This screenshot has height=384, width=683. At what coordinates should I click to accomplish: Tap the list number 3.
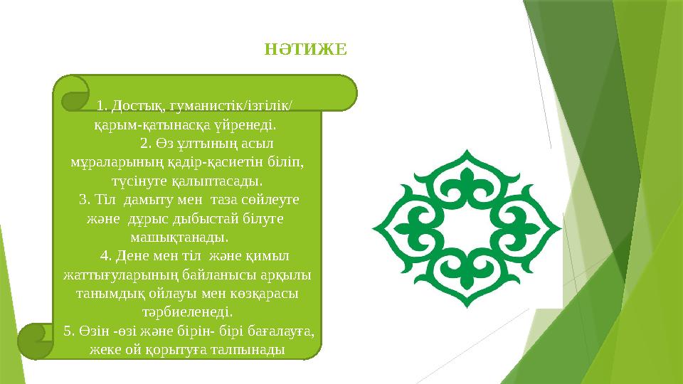(83, 200)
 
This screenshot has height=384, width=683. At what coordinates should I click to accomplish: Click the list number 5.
(68, 330)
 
